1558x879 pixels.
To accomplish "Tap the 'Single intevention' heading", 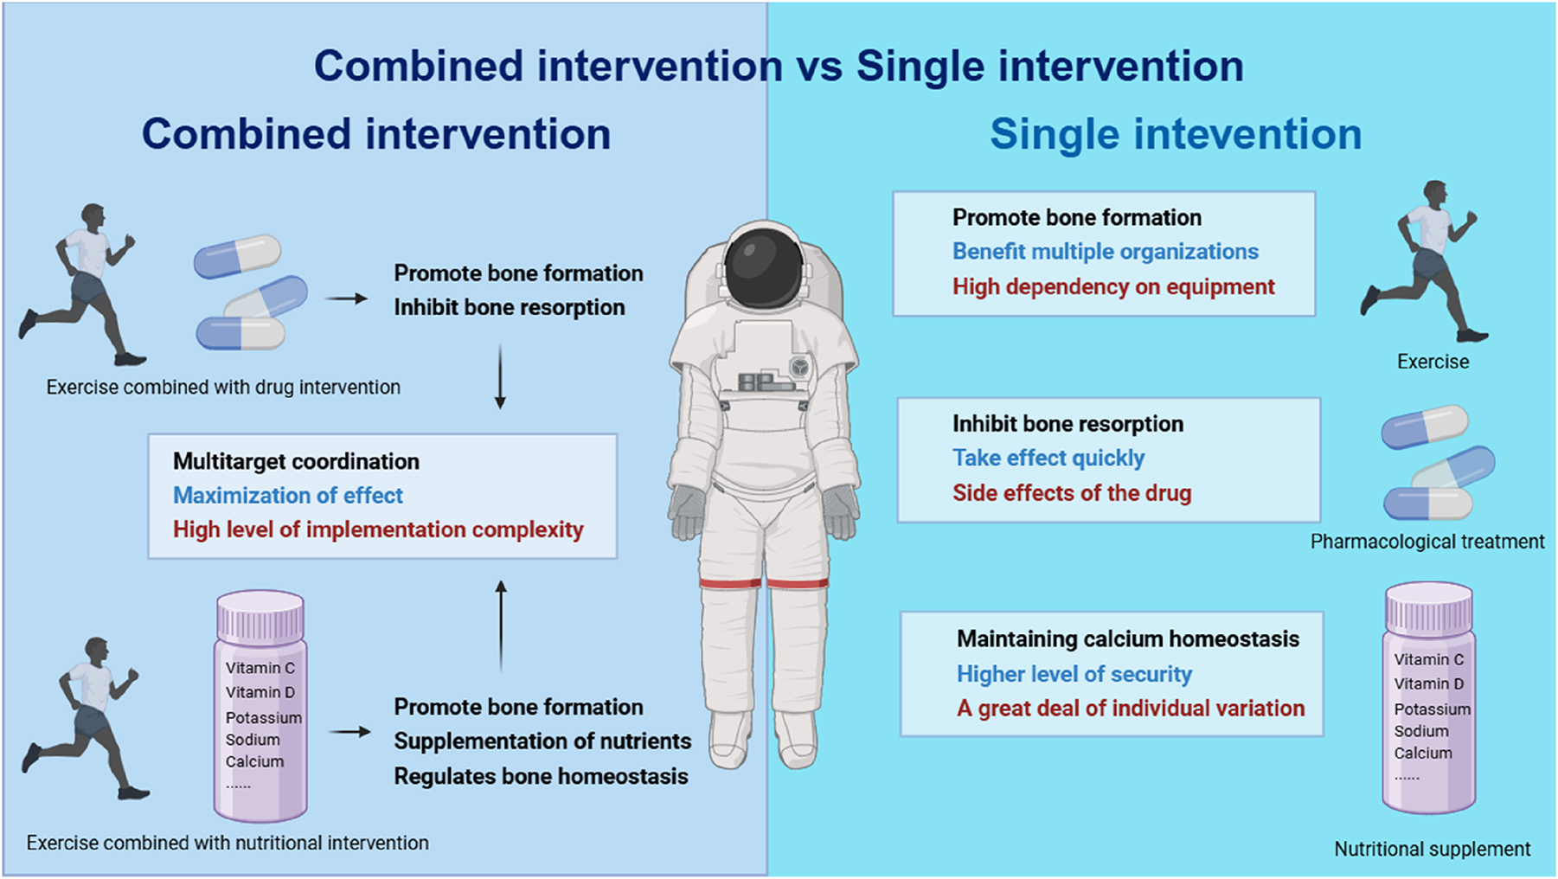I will pyautogui.click(x=1175, y=135).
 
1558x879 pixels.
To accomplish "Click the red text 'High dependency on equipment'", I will pyautogui.click(x=1112, y=287).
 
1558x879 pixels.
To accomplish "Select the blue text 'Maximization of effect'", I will pyautogui.click(x=287, y=496).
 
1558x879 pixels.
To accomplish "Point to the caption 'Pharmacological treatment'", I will pyautogui.click(x=1427, y=542).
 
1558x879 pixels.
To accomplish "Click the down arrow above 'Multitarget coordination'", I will pyautogui.click(x=500, y=376).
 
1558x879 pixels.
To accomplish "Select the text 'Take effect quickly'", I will pyautogui.click(x=1048, y=458).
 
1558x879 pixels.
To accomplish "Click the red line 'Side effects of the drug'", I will pyautogui.click(x=1071, y=493).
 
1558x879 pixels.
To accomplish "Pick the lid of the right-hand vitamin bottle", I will pyautogui.click(x=1428, y=609).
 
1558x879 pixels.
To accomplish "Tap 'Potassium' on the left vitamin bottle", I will pyautogui.click(x=263, y=718).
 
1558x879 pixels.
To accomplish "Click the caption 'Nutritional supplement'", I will pyautogui.click(x=1432, y=850).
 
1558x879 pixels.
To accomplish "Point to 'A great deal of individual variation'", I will pyautogui.click(x=1130, y=709).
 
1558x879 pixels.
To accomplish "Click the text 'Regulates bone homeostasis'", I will pyautogui.click(x=541, y=777).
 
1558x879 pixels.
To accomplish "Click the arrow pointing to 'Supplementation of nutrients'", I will pyautogui.click(x=349, y=732).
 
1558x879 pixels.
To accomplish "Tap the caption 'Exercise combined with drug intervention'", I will pyautogui.click(x=223, y=388).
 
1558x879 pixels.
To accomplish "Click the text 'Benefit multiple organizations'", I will pyautogui.click(x=1105, y=252).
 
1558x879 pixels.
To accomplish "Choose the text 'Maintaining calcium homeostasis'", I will pyautogui.click(x=1127, y=639).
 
